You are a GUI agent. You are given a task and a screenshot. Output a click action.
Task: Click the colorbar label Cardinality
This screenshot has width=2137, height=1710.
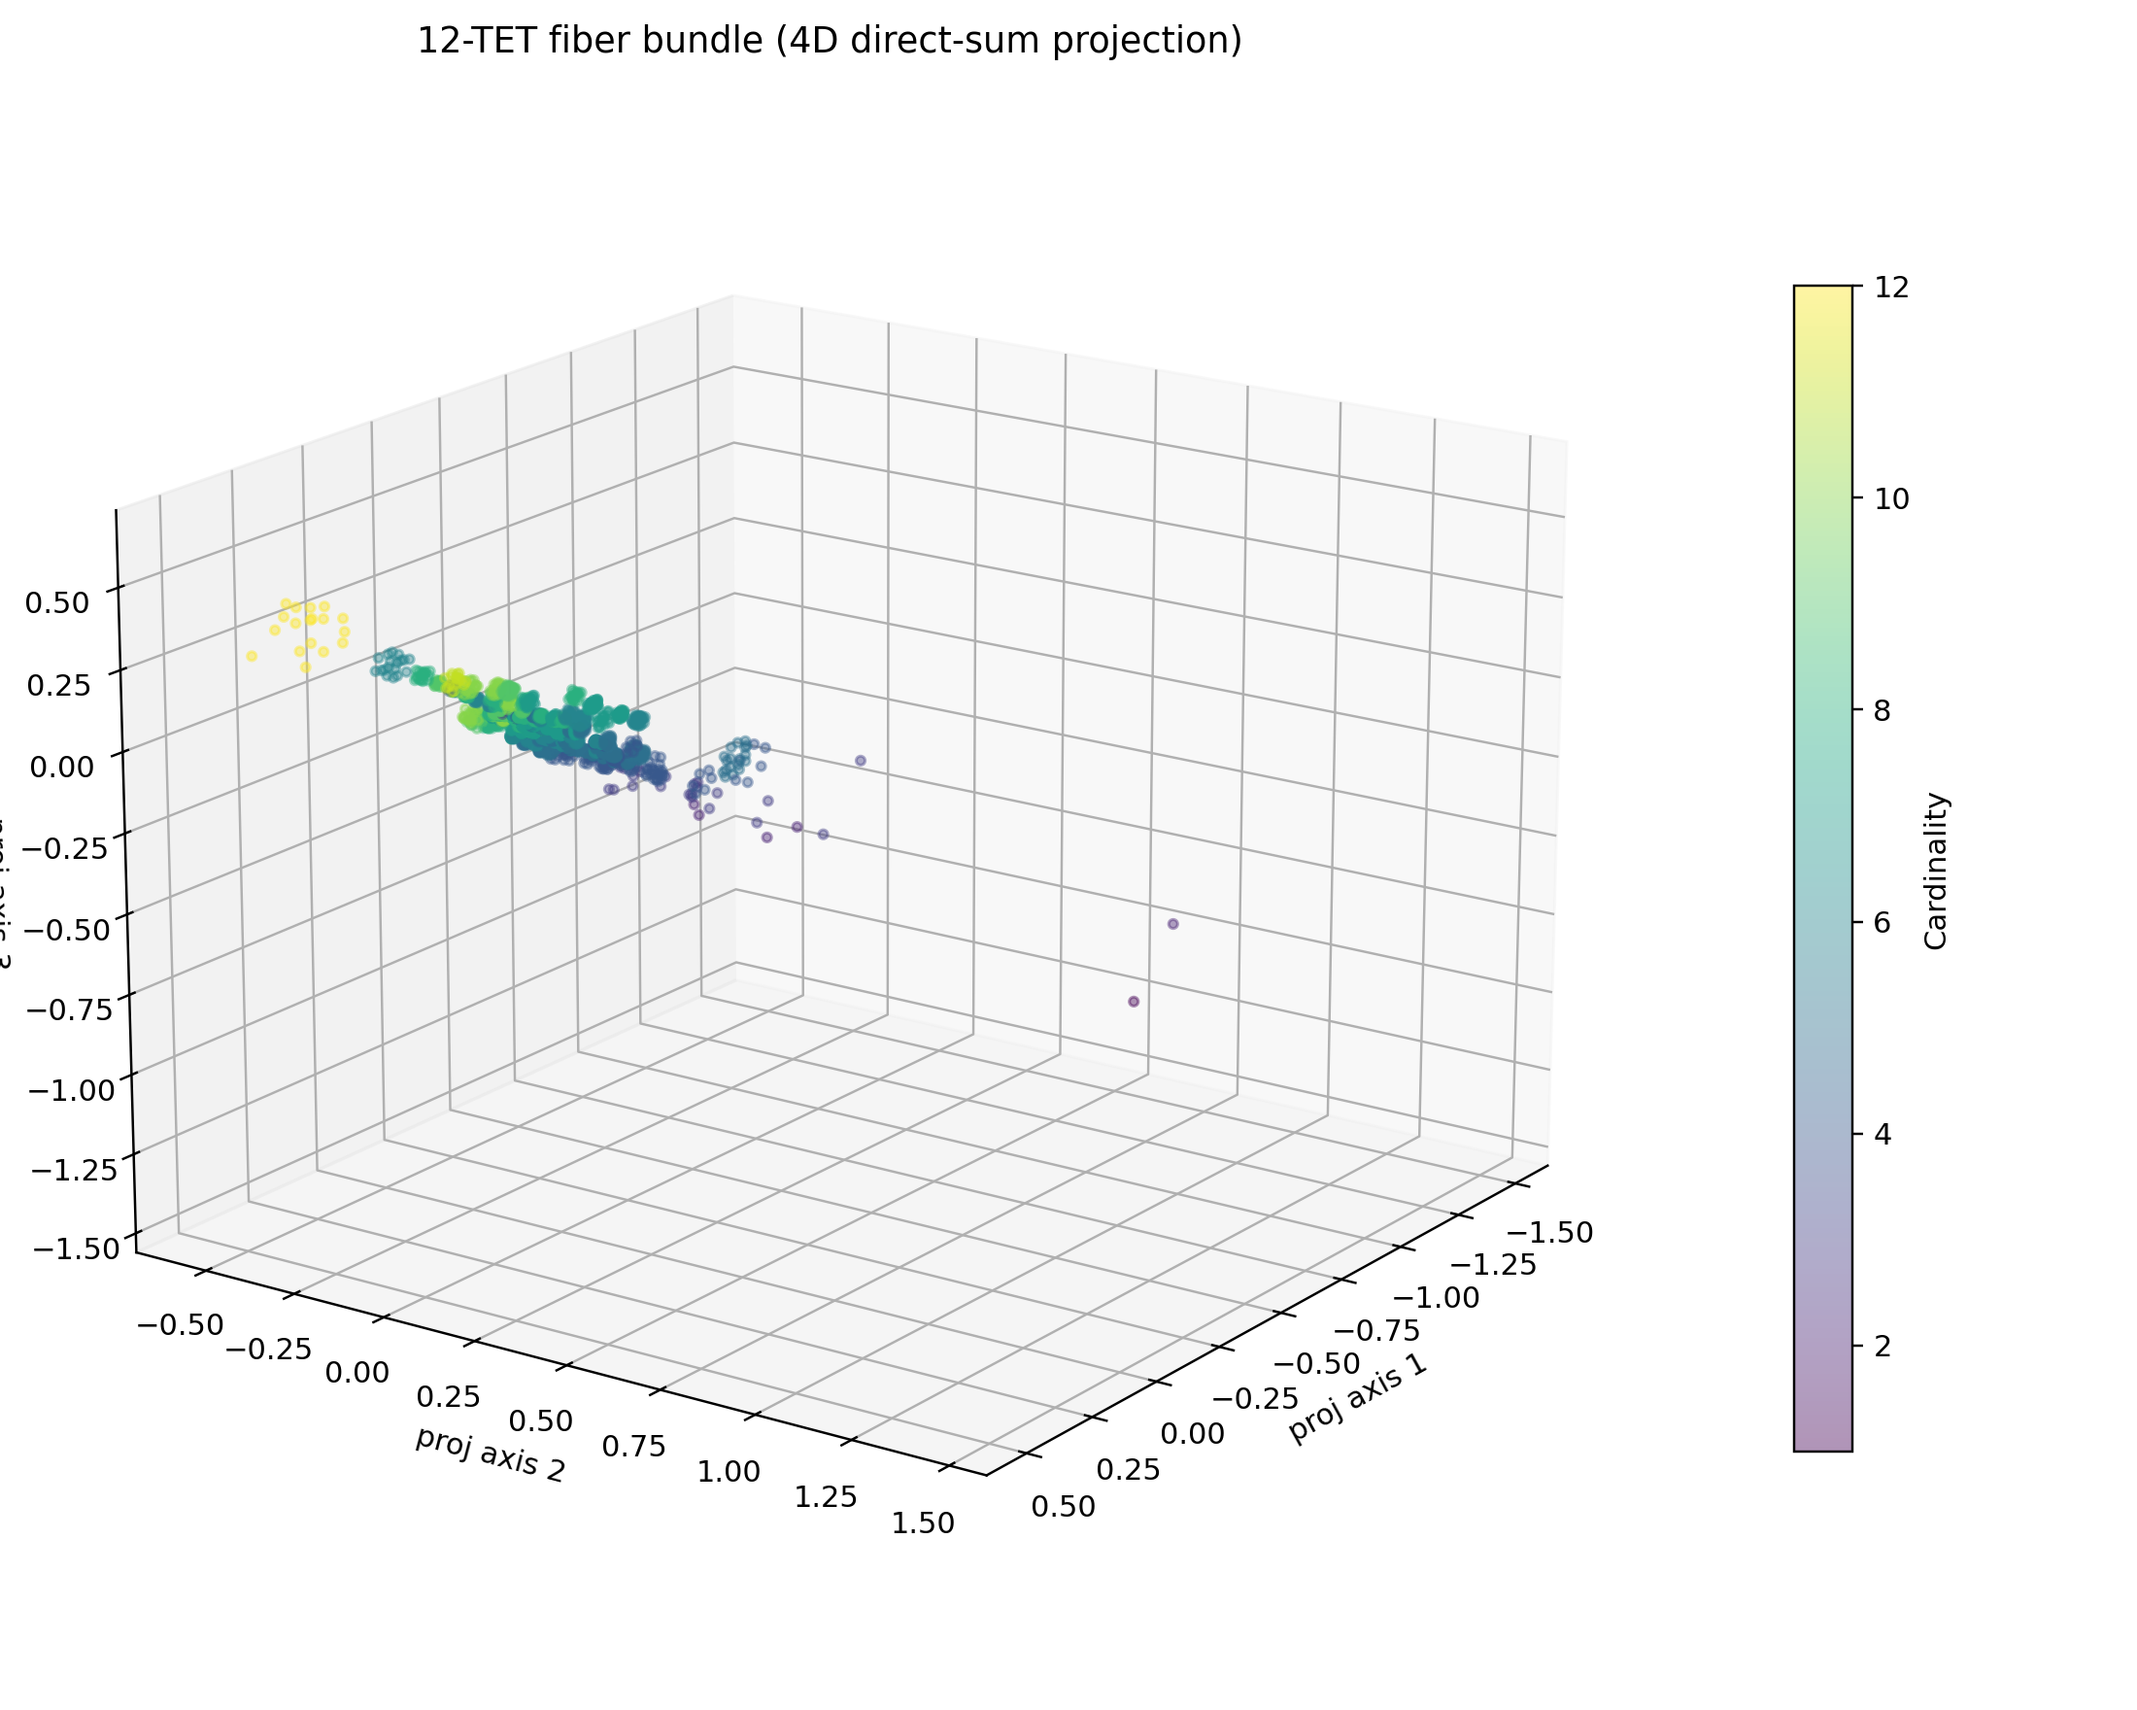(x=1935, y=872)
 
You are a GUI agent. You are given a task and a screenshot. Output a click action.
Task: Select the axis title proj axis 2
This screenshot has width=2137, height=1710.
(x=490, y=1454)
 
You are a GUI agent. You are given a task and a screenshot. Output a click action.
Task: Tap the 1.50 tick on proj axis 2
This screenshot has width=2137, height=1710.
(x=923, y=1523)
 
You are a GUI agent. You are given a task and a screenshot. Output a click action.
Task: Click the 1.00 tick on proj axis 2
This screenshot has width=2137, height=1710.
(x=729, y=1471)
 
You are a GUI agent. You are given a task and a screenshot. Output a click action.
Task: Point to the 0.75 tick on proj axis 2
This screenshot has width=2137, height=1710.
(x=634, y=1447)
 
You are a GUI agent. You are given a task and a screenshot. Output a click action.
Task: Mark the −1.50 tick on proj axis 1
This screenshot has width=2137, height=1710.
(x=1549, y=1232)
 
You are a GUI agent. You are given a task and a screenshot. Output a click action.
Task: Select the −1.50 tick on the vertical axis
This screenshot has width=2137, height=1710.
(x=75, y=1248)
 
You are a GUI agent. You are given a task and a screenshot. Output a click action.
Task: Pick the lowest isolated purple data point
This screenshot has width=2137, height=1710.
(x=1134, y=1001)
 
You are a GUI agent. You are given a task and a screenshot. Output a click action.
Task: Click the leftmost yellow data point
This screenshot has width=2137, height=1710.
(x=252, y=656)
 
